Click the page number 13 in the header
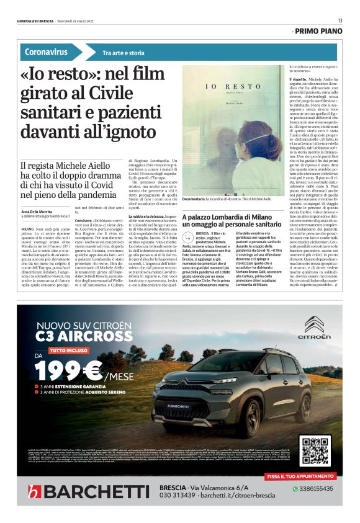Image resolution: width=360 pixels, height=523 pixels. (340, 21)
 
